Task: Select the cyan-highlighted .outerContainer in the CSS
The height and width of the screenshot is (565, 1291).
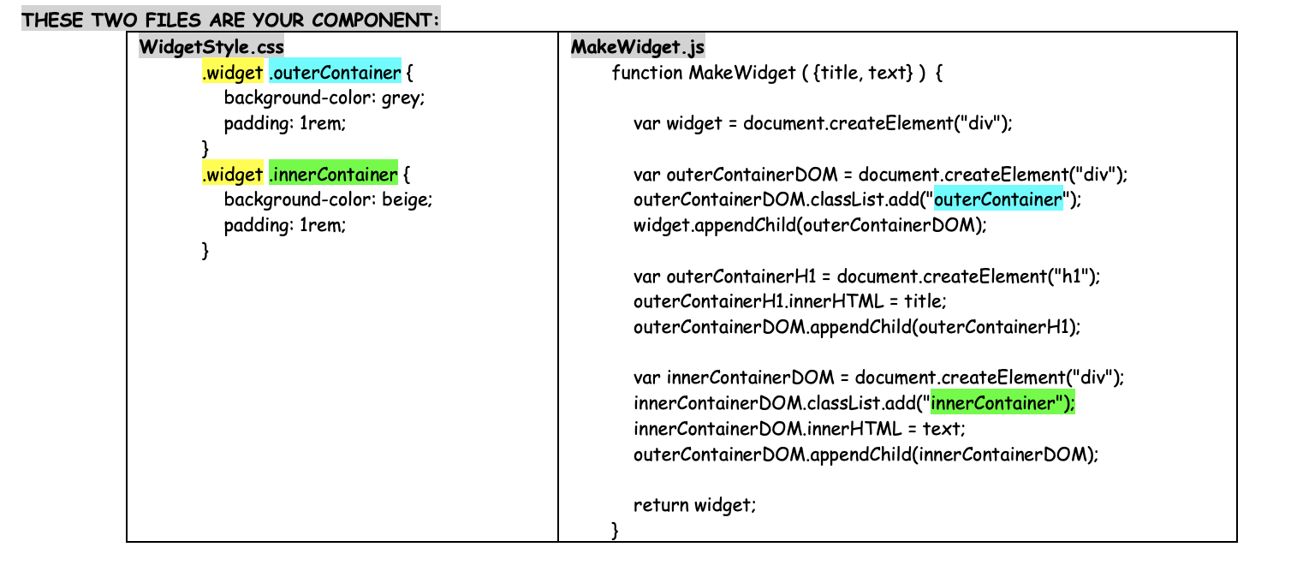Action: click(x=335, y=73)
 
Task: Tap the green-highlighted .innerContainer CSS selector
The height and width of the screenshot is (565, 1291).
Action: click(x=333, y=175)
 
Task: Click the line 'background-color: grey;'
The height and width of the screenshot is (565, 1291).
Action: click(x=324, y=98)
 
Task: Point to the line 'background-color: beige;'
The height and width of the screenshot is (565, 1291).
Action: click(x=328, y=200)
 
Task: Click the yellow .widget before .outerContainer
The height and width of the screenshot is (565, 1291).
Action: click(x=232, y=73)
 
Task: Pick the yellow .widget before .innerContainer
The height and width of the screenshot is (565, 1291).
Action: click(x=232, y=175)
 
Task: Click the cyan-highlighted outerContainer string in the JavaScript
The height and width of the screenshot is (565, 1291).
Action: click(x=998, y=200)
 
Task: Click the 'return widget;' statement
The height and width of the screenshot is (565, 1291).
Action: click(x=694, y=505)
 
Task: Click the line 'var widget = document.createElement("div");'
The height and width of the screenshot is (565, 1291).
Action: click(x=822, y=123)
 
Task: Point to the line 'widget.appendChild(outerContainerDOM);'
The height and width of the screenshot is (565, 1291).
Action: click(x=810, y=226)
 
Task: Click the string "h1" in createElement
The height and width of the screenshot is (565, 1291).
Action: click(x=1068, y=277)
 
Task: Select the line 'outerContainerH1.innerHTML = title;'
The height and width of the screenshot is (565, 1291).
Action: click(x=790, y=302)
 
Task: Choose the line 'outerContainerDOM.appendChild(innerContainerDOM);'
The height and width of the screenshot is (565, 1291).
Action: click(x=865, y=455)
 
